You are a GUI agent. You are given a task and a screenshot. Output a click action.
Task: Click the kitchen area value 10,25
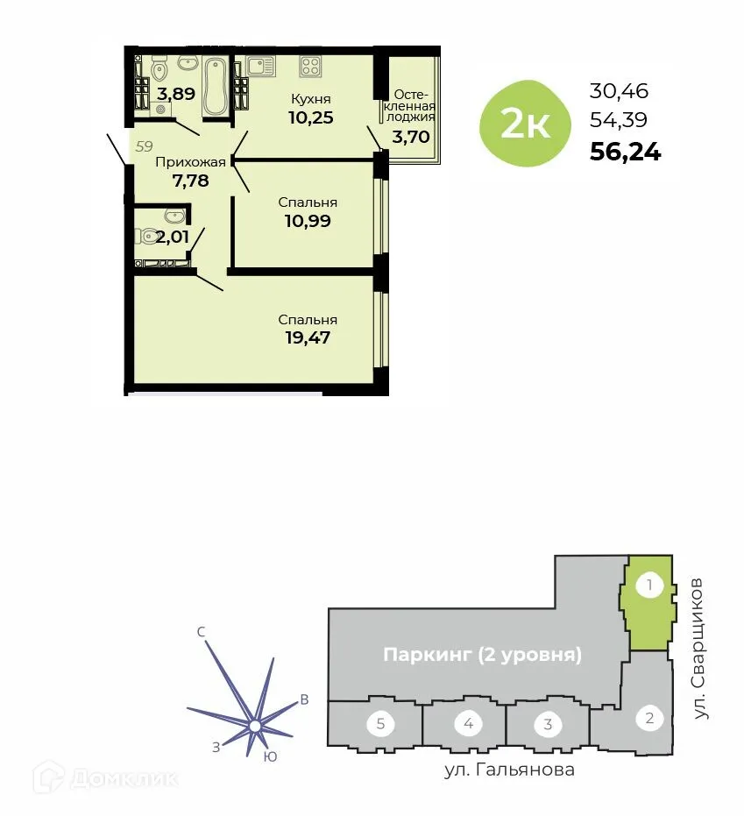(311, 117)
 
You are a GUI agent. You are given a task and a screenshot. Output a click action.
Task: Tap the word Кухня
(311, 98)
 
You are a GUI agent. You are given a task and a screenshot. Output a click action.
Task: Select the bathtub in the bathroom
(216, 87)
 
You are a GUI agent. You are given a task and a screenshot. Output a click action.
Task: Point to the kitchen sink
(259, 65)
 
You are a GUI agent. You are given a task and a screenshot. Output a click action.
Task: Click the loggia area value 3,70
(411, 137)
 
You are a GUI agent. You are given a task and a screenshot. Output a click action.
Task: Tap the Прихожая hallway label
(190, 161)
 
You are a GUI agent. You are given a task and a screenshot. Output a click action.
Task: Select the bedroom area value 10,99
(308, 221)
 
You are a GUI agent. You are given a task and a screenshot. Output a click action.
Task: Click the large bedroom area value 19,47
(308, 337)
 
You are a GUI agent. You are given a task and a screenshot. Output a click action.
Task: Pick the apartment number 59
(144, 145)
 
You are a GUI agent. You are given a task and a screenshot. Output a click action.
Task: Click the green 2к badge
(524, 125)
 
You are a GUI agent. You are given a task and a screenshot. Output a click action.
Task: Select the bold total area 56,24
(626, 153)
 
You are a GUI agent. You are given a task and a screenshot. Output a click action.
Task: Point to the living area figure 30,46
(619, 90)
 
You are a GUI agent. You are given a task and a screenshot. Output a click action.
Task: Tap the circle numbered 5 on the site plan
(380, 724)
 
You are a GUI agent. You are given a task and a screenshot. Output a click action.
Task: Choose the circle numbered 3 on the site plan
(548, 724)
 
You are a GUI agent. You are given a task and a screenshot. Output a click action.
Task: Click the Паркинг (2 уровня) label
(483, 655)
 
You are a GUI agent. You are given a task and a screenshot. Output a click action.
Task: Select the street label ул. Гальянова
(508, 770)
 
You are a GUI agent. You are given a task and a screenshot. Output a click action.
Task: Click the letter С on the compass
(201, 632)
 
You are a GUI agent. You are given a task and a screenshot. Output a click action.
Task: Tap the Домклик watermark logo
(104, 777)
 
